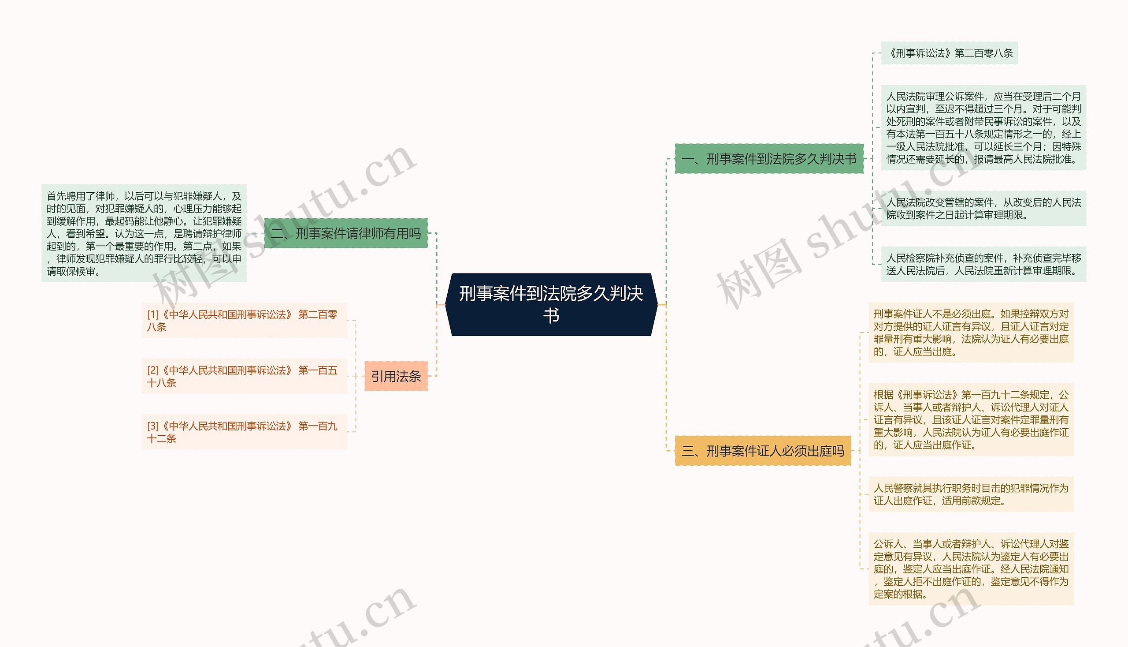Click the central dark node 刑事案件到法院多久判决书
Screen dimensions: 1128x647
point(551,304)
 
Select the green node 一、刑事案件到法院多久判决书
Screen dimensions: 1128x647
point(769,159)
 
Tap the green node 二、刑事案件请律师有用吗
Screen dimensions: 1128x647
point(346,233)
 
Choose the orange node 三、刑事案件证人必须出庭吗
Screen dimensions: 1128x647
point(763,451)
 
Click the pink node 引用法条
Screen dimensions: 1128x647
point(396,376)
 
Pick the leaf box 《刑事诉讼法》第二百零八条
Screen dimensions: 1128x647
point(949,53)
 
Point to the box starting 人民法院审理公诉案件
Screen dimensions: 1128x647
point(983,127)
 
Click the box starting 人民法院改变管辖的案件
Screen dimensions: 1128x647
point(983,209)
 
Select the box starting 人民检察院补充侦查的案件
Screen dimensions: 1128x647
point(983,264)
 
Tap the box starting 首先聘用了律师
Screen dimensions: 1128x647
point(144,233)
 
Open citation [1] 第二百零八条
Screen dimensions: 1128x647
point(244,320)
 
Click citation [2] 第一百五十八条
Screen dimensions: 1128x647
point(244,376)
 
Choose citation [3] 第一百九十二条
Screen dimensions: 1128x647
point(244,432)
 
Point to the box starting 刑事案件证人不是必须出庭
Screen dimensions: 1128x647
point(971,333)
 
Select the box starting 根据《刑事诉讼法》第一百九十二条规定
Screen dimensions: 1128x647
point(971,419)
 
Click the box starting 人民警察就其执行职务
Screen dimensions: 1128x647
point(971,494)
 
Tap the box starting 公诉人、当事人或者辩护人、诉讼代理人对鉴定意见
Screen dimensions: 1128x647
point(971,569)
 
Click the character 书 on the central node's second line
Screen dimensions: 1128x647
point(551,316)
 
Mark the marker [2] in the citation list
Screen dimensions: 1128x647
point(153,370)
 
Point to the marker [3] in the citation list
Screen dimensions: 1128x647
point(153,426)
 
